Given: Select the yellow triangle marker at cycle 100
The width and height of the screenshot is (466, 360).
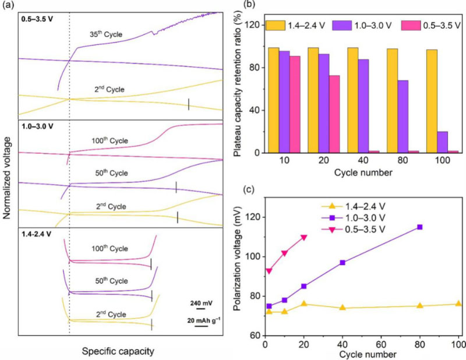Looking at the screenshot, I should click(x=458, y=303).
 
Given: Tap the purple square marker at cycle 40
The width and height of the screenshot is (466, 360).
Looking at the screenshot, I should click(x=343, y=263).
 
